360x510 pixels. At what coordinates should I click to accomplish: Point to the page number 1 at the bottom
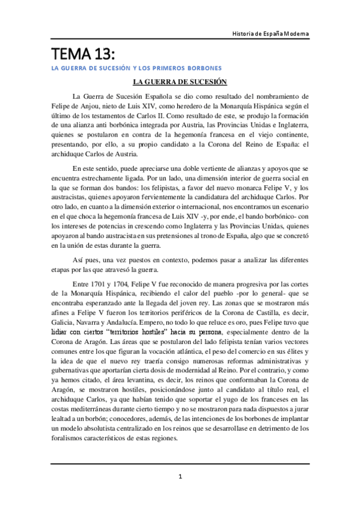pos(180,477)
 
